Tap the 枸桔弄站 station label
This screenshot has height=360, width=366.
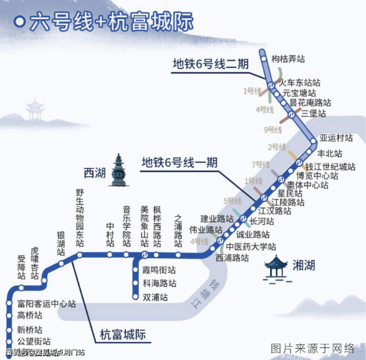point(288,59)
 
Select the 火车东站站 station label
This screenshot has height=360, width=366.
point(300,83)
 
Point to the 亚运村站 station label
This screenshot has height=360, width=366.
point(336,137)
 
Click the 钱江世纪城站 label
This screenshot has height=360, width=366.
point(330,167)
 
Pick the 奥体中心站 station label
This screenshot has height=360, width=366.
point(308,185)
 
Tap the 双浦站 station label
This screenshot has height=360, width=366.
point(155,297)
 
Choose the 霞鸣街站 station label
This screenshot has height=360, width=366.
point(159,270)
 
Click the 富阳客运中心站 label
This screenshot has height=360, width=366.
point(46,304)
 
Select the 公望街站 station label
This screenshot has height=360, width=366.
point(34,341)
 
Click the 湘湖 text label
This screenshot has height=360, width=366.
point(303,266)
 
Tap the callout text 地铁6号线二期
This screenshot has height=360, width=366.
point(210,64)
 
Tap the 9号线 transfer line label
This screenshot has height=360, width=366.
point(273,130)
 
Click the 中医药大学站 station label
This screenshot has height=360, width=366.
point(251,247)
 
